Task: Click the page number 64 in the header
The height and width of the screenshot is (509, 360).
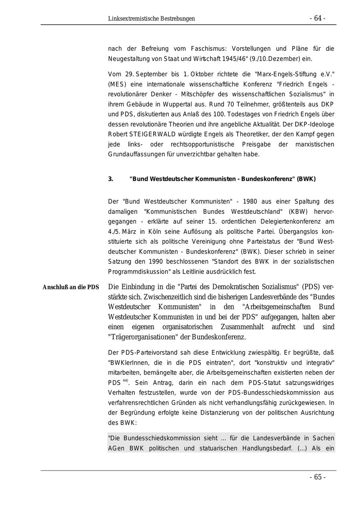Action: click(317, 18)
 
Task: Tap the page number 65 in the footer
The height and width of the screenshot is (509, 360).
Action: click(317, 477)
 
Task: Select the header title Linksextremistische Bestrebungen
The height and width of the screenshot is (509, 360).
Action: click(151, 19)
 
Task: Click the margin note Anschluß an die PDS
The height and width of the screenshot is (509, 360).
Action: click(71, 287)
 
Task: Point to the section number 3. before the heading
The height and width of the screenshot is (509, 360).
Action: click(110, 179)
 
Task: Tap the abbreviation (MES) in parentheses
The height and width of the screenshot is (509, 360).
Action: click(116, 84)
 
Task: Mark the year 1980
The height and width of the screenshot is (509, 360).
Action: click(250, 202)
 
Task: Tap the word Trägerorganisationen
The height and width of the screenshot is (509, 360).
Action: click(144, 337)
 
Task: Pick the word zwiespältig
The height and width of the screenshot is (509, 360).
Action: click(264, 353)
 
